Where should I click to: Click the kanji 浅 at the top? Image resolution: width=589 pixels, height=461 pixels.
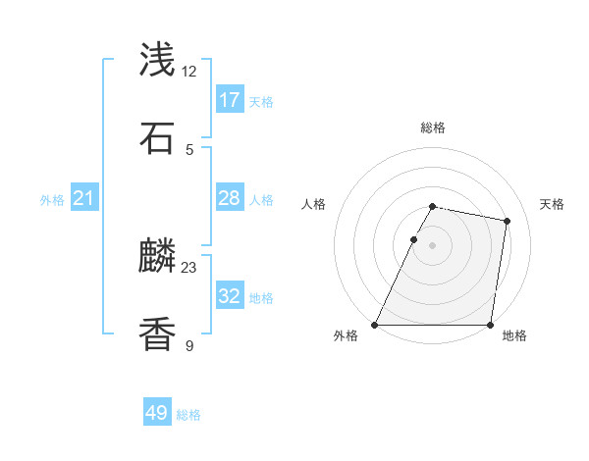157,61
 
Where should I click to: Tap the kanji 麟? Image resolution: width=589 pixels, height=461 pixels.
157,257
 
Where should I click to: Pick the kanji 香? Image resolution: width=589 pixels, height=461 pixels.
157,333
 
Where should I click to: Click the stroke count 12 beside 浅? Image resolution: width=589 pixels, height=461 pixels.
189,72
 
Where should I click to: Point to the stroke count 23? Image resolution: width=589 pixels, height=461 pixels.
189,268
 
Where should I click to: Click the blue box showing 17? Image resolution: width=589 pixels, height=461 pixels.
230,100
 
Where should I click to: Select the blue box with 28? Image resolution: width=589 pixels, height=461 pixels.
230,198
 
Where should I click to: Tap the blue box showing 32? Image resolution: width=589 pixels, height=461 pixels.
230,296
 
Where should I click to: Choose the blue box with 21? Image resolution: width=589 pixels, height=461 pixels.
84,199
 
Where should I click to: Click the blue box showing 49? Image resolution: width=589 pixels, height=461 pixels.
157,413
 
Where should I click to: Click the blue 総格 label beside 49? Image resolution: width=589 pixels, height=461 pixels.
189,415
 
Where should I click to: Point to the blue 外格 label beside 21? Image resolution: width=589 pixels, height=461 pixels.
52,200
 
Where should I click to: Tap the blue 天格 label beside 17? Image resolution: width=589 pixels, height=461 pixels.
261,102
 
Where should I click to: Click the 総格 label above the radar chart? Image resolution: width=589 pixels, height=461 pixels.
432,128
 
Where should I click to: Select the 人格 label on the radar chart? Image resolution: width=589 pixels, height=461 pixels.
313,204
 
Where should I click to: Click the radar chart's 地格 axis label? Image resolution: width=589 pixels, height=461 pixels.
514,336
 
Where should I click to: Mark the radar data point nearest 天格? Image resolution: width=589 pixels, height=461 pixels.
508,222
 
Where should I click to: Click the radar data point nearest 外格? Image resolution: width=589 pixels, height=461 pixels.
375,325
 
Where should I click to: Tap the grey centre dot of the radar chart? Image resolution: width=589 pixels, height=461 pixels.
432,245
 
